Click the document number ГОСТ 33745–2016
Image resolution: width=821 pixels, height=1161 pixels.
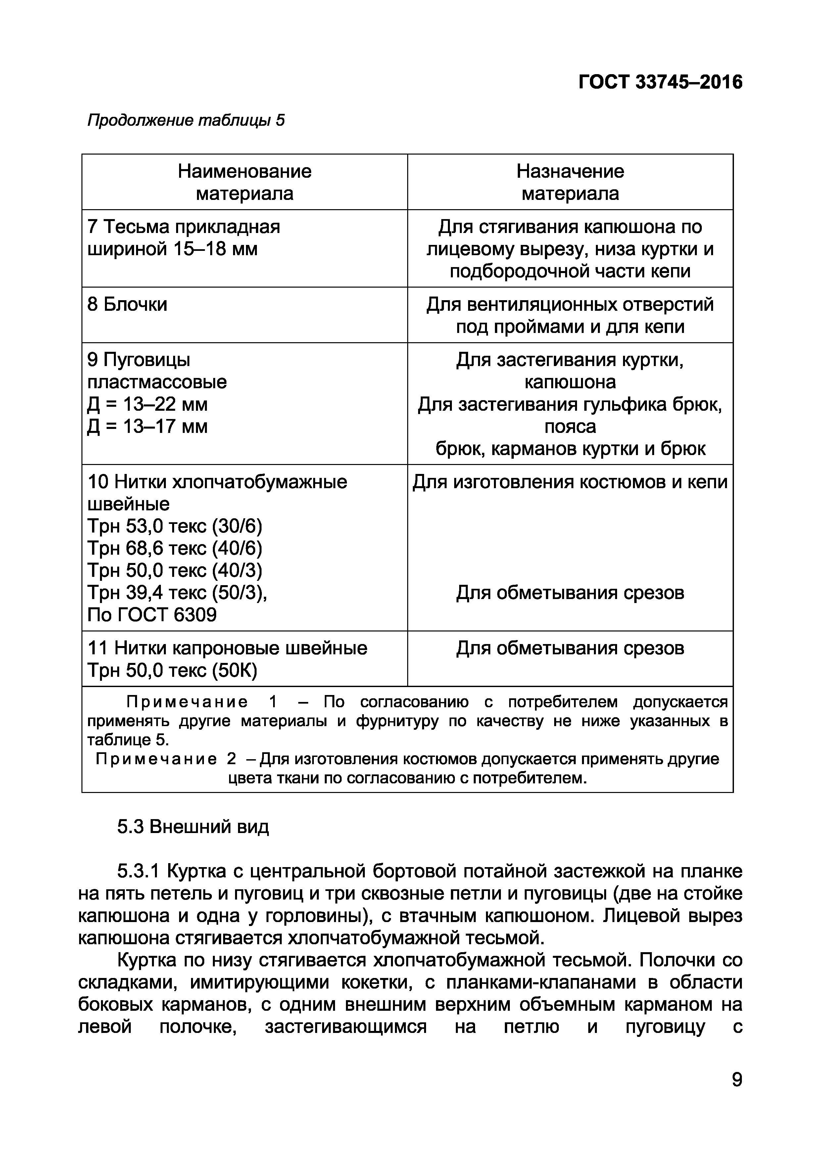coord(660,82)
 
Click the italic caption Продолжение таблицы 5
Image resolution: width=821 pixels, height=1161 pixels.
coord(186,120)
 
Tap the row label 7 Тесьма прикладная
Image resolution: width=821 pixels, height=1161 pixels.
coord(184,226)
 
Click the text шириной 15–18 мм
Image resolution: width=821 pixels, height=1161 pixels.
coord(172,249)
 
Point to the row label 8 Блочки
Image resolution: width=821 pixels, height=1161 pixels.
coord(127,304)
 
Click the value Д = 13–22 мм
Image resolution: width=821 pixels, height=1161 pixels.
coord(147,404)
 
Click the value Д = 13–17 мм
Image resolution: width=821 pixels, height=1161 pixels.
coord(147,426)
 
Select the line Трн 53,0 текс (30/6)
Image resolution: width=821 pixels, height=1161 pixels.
coord(175,527)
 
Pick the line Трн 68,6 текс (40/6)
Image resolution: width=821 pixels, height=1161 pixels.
coord(175,548)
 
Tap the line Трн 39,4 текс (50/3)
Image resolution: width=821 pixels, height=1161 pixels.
coord(177,592)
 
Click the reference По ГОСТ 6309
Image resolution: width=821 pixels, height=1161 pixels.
coord(152,614)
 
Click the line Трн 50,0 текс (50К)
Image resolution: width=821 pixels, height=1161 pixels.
coord(172,671)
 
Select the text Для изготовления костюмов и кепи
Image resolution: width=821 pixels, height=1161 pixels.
coord(570,482)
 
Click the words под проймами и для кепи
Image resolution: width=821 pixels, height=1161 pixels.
coord(570,327)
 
